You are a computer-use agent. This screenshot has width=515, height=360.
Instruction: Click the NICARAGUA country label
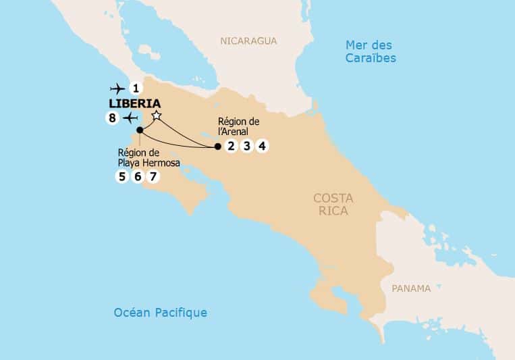(x=248, y=41)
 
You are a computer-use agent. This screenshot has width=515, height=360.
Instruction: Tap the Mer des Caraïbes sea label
(x=371, y=51)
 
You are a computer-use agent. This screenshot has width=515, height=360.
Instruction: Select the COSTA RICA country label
(x=331, y=204)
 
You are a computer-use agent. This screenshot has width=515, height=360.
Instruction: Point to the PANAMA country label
(x=410, y=288)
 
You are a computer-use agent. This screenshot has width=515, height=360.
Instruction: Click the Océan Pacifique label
(x=161, y=313)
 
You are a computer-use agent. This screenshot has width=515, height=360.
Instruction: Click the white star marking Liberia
(x=157, y=117)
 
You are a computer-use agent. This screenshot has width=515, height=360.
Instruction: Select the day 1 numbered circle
(x=136, y=88)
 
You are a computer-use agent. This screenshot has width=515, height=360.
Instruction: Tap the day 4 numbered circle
(x=263, y=147)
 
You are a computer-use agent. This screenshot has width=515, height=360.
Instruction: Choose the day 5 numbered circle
(x=121, y=177)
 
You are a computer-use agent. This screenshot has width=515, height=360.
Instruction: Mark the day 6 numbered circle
(x=138, y=177)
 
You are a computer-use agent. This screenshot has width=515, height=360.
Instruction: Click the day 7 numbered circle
(x=154, y=177)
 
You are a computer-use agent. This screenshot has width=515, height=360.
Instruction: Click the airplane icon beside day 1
(x=117, y=88)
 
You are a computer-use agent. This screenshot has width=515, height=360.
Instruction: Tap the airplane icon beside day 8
(x=130, y=119)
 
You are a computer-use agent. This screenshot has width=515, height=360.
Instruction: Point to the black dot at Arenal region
(x=217, y=147)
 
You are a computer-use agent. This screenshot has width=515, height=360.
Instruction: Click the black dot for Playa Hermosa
(x=139, y=130)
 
